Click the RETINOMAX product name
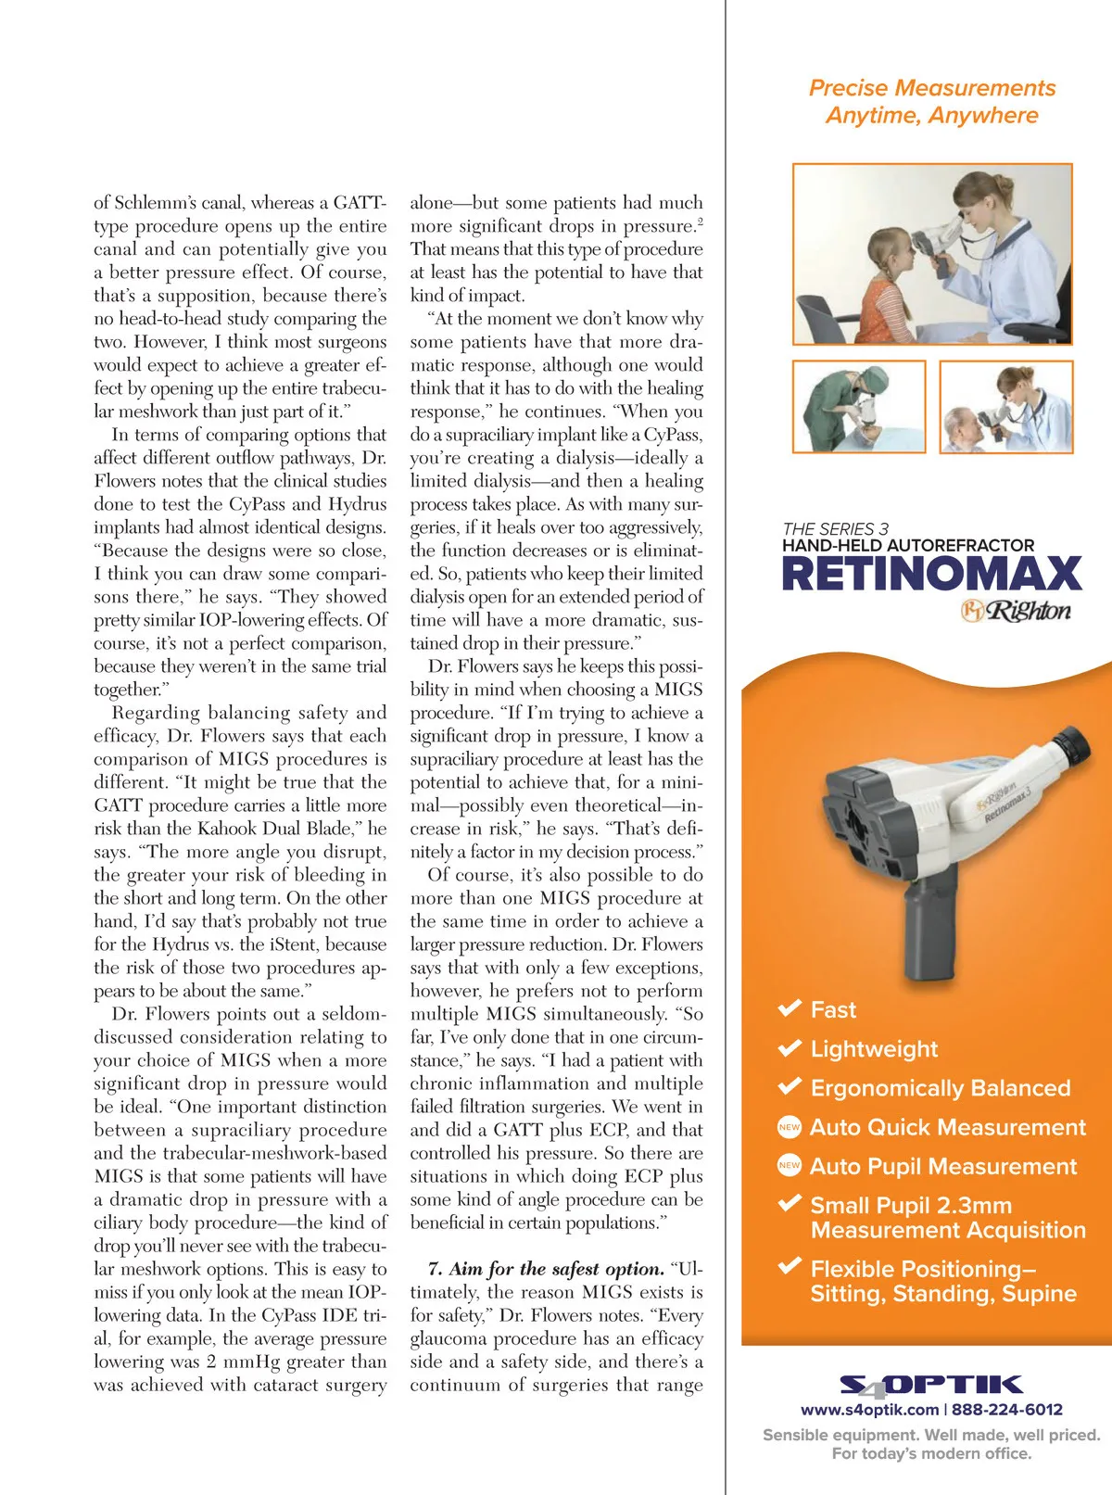click(931, 574)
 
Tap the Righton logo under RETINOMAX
click(1016, 612)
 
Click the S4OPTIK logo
click(930, 1386)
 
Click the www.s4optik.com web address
click(869, 1410)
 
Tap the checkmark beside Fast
click(790, 1008)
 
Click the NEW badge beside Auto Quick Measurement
click(789, 1127)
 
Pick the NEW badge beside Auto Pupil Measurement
click(789, 1166)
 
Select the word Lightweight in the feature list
click(874, 1048)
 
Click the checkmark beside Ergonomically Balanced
click(790, 1086)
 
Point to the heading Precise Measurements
click(931, 88)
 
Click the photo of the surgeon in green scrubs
click(859, 406)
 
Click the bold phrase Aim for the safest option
click(546, 1269)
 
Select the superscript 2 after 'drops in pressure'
click(700, 222)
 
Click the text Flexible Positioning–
click(923, 1269)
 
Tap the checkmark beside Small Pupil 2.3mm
click(790, 1204)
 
